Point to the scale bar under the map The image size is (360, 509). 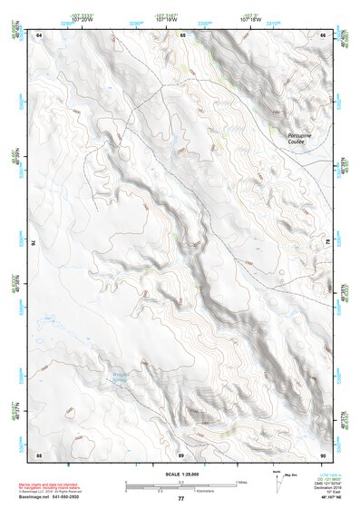pyautogui.click(x=180, y=484)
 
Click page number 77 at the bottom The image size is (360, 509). pyautogui.click(x=181, y=498)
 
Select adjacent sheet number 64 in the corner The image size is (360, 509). pyautogui.click(x=39, y=34)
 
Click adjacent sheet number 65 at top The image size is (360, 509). pyautogui.click(x=181, y=34)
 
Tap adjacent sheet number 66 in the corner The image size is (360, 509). pyautogui.click(x=323, y=34)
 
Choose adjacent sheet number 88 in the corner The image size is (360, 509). pyautogui.click(x=39, y=454)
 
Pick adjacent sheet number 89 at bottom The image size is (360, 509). pyautogui.click(x=181, y=454)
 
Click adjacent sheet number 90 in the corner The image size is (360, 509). pyautogui.click(x=323, y=454)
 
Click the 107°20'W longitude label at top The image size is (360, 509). pyautogui.click(x=80, y=18)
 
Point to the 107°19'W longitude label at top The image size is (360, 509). pyautogui.click(x=165, y=18)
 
